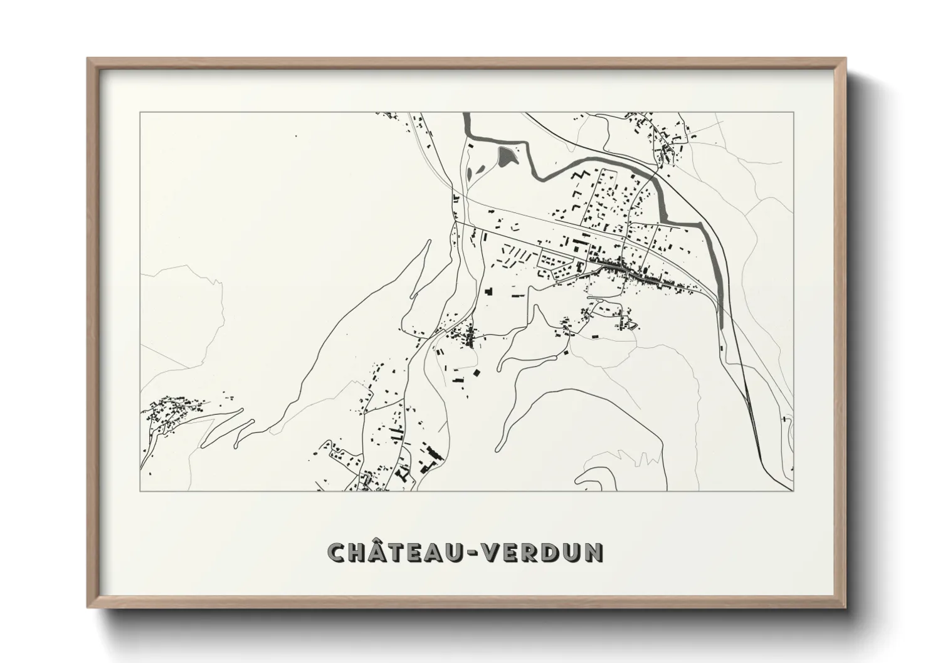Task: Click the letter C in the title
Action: pyautogui.click(x=339, y=552)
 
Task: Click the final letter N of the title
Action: pyautogui.click(x=595, y=552)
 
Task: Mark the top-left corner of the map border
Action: pyautogui.click(x=140, y=113)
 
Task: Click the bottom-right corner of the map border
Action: pyautogui.click(x=794, y=491)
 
